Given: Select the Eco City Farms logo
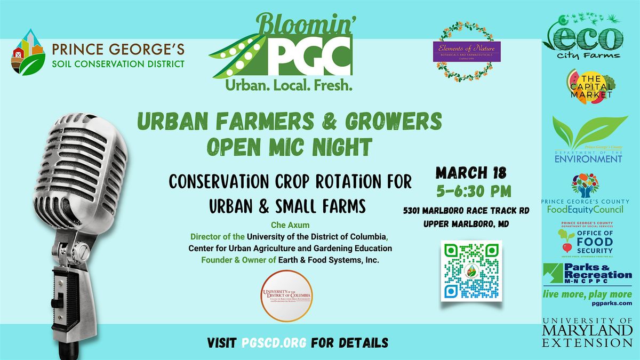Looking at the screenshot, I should point(582,38).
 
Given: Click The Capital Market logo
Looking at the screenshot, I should point(589,86).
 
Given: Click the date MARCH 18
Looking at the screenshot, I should point(471,174).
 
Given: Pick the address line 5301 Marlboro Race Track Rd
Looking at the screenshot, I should point(466,211).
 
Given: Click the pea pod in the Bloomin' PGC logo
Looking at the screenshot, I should point(235,53).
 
